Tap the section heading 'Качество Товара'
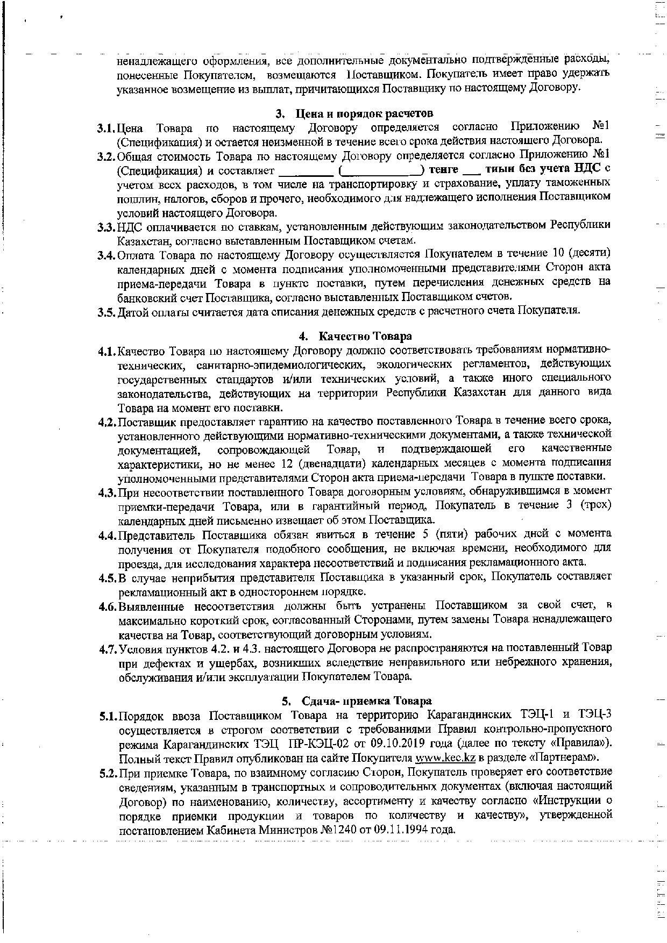(365, 337)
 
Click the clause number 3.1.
(106, 128)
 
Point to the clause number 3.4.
(107, 254)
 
